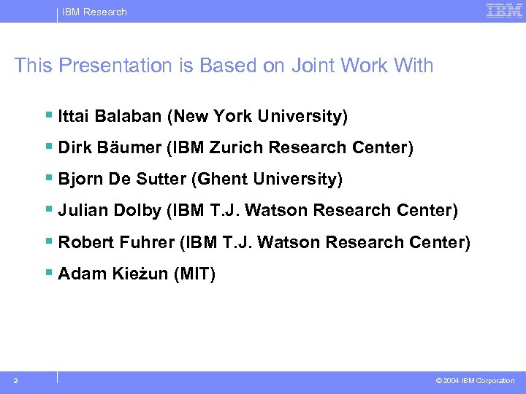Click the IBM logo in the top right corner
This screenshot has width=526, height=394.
(504, 10)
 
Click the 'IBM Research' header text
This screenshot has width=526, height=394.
(94, 12)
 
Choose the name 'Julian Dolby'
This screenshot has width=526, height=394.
(110, 210)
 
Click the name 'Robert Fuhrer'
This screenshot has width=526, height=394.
(116, 242)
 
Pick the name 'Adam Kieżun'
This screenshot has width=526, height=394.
(113, 274)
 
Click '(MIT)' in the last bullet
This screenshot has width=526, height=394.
(194, 274)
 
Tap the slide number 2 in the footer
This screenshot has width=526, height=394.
(16, 380)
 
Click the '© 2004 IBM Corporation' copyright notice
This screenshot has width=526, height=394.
(475, 381)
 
